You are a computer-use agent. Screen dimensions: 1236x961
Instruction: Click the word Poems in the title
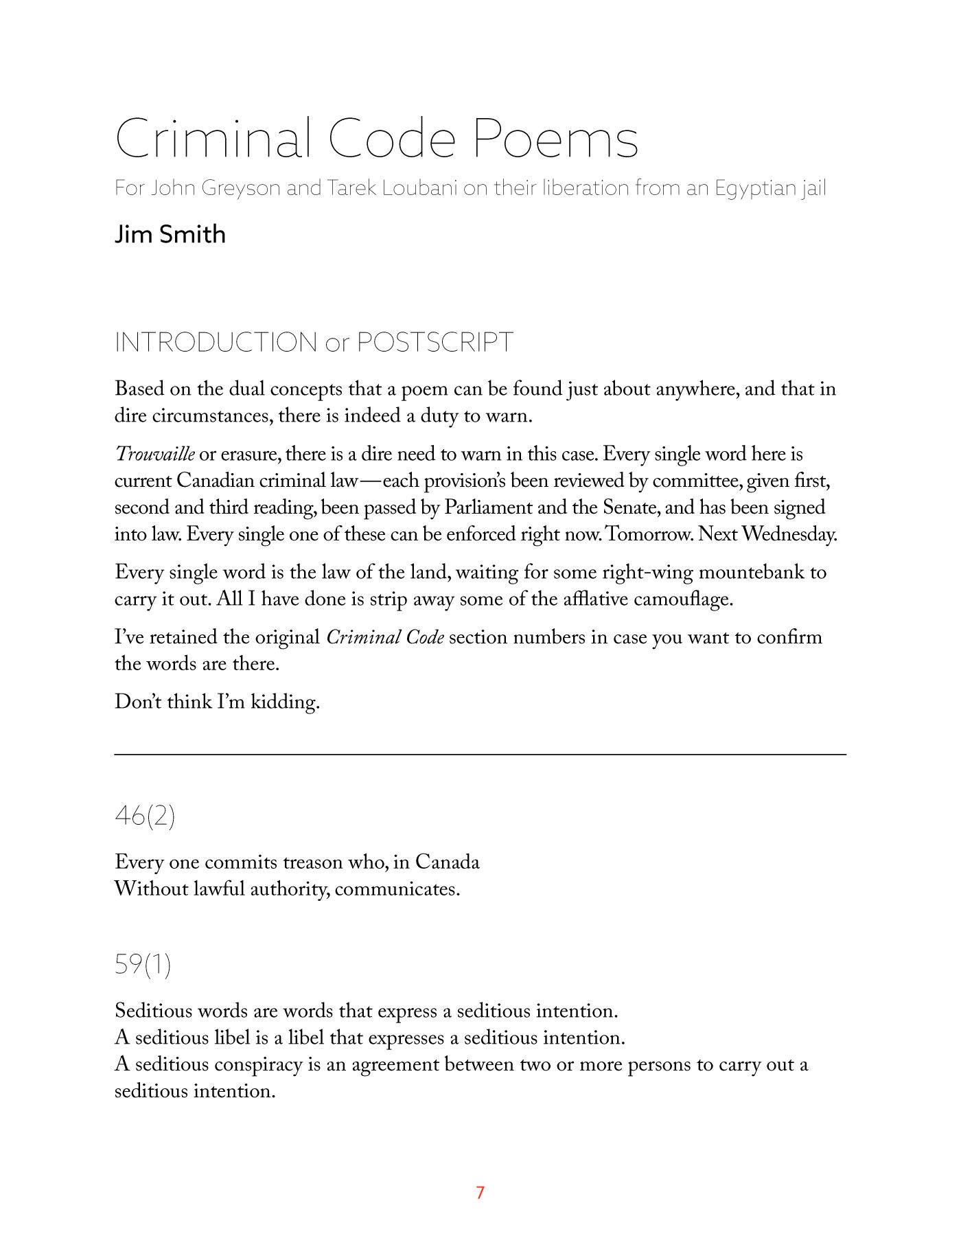click(x=555, y=139)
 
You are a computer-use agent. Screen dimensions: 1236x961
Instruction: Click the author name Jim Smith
click(x=170, y=234)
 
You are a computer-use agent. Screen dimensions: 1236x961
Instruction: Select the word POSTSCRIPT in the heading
click(x=435, y=342)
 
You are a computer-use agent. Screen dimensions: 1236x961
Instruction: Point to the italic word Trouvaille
click(x=154, y=454)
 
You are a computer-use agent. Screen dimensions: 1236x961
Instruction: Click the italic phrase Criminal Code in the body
click(x=385, y=637)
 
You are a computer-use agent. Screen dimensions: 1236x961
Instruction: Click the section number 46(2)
click(x=145, y=816)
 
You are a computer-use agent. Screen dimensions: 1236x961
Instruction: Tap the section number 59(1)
click(x=143, y=964)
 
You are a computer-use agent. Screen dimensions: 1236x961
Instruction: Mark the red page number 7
click(x=480, y=1192)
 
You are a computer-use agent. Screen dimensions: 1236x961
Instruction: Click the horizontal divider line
click(x=480, y=755)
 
